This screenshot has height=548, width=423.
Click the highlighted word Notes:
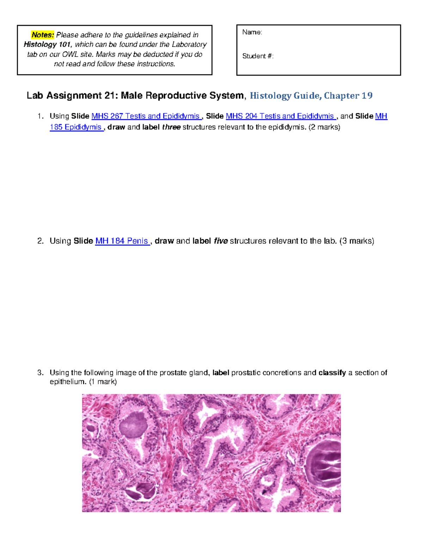click(x=43, y=35)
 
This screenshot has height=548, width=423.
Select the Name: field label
click(x=252, y=32)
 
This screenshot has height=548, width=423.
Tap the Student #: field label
click(x=258, y=56)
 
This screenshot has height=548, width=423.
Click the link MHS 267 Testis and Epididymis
click(x=146, y=116)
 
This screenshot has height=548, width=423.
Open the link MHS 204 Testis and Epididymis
click(x=280, y=116)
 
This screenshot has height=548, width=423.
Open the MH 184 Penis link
click(x=122, y=241)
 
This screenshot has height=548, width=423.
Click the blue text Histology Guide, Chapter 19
click(x=311, y=96)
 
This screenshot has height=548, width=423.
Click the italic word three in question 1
click(x=171, y=127)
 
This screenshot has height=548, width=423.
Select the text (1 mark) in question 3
click(x=103, y=381)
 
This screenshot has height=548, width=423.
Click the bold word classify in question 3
click(x=332, y=373)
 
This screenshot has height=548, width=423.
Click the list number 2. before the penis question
click(x=41, y=241)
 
